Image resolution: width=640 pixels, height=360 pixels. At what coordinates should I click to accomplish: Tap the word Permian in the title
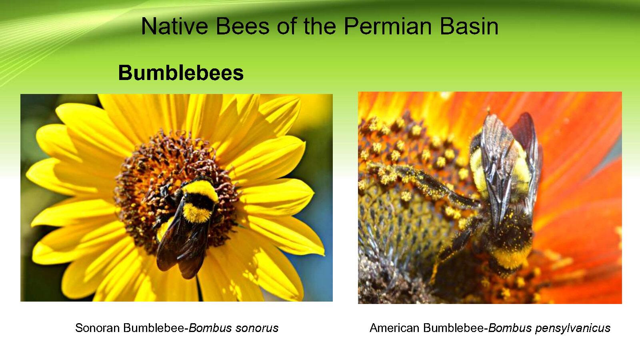(x=388, y=26)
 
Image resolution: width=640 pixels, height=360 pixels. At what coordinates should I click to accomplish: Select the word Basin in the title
(x=469, y=26)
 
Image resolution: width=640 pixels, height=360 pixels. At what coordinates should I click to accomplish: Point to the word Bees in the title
(x=242, y=26)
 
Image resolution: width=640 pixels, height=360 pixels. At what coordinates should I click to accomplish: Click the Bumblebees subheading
(x=181, y=72)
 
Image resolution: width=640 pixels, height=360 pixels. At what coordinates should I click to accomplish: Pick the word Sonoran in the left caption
(x=97, y=328)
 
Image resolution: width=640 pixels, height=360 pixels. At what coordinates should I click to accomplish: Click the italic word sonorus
(x=256, y=328)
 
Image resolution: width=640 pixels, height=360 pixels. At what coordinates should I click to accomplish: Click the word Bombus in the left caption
(x=210, y=328)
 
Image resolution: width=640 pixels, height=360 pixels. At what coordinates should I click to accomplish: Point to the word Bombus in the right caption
(x=510, y=328)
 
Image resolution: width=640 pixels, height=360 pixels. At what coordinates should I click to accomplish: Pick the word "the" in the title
(x=320, y=26)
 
